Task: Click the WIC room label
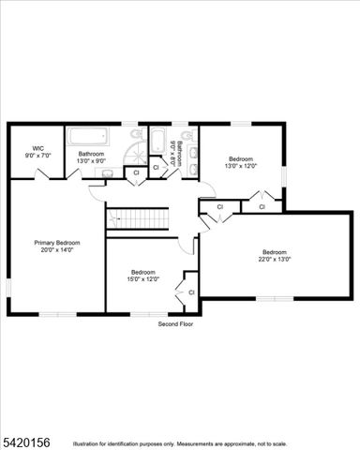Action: click(38, 147)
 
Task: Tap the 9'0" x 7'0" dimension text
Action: click(38, 155)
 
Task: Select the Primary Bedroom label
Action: click(56, 243)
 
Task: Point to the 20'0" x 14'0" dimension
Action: click(56, 250)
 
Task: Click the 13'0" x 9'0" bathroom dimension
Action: click(91, 160)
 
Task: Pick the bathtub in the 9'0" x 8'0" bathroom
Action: click(157, 141)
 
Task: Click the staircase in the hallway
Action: click(137, 219)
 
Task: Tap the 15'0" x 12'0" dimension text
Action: click(143, 278)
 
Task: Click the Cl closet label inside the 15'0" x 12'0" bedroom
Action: click(191, 292)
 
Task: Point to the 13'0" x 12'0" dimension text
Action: click(241, 166)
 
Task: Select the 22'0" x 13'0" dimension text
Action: click(275, 259)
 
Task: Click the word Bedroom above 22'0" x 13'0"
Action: click(275, 251)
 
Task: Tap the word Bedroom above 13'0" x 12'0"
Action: click(241, 158)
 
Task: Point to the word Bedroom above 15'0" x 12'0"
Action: click(143, 271)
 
